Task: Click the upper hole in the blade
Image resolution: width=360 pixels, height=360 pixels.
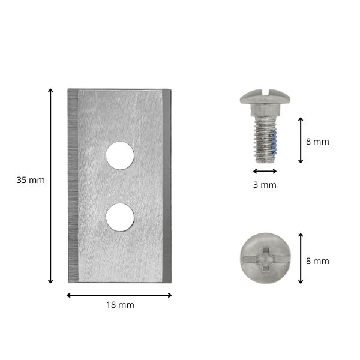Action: [x=120, y=155]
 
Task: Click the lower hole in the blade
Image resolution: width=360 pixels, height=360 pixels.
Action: [x=120, y=217]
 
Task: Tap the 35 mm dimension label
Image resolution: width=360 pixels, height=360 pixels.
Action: [x=31, y=180]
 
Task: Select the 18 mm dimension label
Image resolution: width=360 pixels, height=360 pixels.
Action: [x=120, y=305]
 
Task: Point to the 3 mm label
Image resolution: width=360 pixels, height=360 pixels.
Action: [x=265, y=185]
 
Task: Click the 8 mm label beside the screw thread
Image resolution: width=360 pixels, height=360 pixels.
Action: [x=317, y=142]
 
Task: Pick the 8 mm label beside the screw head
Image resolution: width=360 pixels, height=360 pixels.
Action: [x=317, y=261]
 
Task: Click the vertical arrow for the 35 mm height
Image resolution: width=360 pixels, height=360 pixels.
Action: [x=50, y=186]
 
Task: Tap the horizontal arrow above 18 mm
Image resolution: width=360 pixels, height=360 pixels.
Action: [x=119, y=295]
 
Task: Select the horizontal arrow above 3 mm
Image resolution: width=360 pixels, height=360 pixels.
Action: [x=265, y=171]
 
